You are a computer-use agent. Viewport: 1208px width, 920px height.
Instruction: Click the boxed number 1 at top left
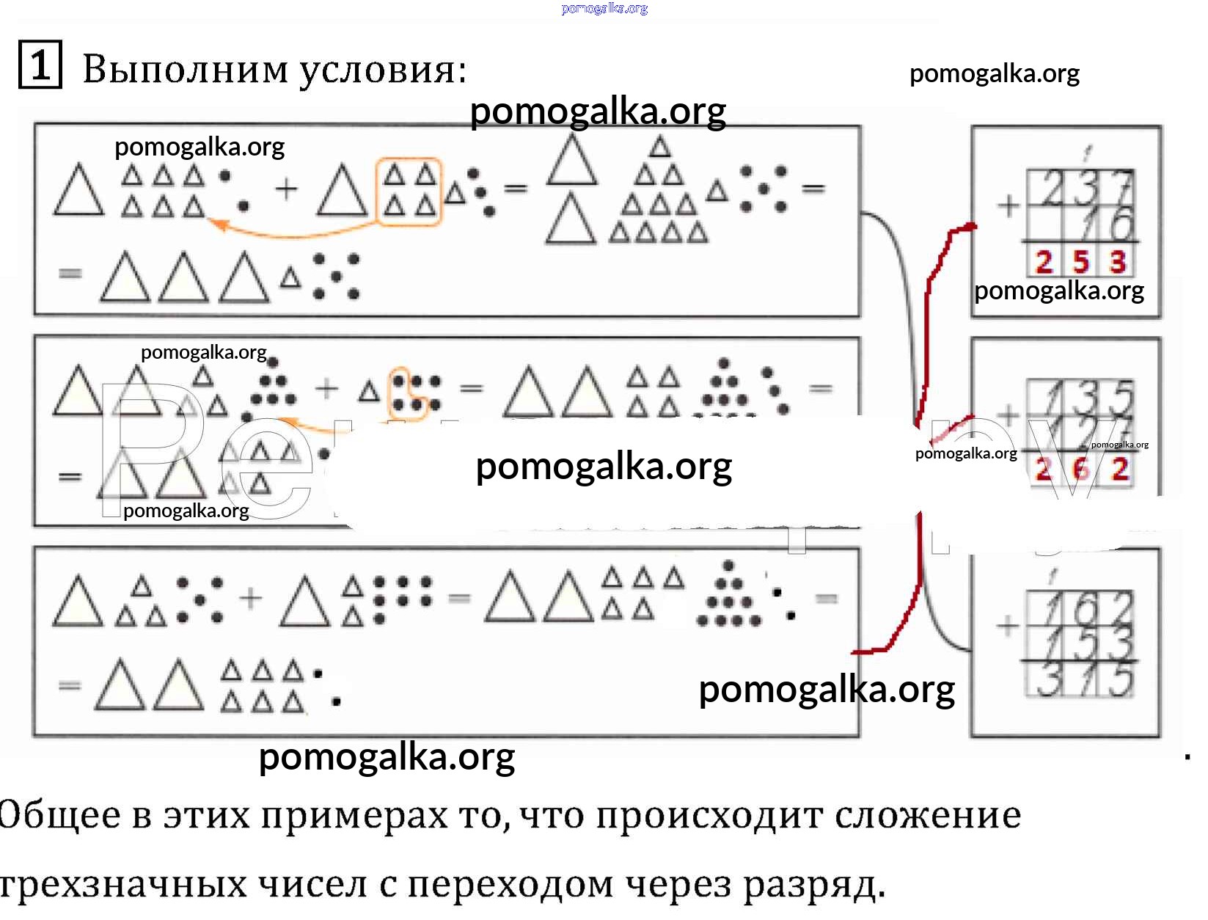[x=40, y=65]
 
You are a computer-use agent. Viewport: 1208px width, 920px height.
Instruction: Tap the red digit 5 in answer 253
[x=1080, y=262]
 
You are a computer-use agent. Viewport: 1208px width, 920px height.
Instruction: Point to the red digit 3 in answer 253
[x=1117, y=262]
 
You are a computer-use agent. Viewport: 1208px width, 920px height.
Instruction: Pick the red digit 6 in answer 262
[x=1080, y=468]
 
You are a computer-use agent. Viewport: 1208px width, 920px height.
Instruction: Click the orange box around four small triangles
[x=409, y=191]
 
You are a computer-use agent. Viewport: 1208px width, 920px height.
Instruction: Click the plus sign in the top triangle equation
[x=286, y=189]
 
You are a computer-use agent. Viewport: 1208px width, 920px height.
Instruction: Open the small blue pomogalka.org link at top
[x=604, y=8]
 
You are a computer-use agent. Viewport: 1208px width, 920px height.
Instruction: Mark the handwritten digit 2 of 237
[x=1053, y=189]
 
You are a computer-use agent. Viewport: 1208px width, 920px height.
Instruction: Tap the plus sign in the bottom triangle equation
[x=250, y=598]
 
